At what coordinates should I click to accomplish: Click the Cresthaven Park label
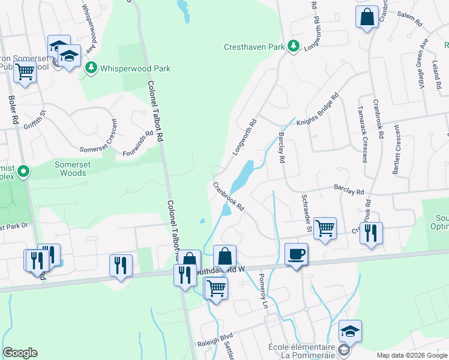[254, 46]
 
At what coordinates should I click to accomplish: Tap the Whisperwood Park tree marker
[91, 68]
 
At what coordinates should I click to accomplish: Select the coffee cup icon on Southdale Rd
[296, 255]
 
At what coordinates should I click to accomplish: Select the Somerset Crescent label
[100, 136]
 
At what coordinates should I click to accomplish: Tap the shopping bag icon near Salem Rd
[367, 17]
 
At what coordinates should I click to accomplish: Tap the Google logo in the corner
[20, 353]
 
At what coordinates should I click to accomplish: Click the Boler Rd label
[12, 110]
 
